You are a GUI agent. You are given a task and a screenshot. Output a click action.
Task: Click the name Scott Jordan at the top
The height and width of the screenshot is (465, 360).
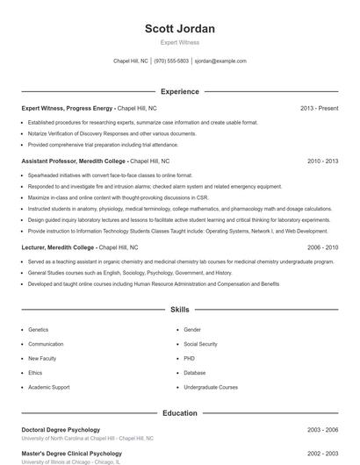180,29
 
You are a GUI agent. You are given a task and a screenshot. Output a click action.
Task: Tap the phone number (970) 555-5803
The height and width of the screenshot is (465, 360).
171,61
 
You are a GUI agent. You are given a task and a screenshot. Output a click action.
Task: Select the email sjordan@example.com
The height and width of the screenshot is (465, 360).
220,61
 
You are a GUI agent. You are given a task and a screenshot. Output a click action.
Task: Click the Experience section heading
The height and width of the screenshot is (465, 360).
180,91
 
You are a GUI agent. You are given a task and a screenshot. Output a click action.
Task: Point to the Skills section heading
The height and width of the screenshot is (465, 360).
180,310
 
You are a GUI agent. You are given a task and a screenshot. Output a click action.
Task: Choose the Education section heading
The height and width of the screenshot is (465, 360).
180,412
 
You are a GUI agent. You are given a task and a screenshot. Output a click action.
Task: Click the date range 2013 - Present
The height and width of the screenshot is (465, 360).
319,108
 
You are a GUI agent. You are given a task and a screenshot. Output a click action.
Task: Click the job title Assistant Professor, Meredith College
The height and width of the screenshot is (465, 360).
74,161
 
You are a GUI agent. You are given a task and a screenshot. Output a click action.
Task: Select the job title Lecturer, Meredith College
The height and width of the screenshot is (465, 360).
58,247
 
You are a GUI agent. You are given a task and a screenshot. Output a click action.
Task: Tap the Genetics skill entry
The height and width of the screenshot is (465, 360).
38,330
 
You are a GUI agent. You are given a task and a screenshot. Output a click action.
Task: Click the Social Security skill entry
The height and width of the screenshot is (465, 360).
200,344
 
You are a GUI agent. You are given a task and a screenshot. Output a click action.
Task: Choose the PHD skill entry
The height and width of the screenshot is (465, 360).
190,358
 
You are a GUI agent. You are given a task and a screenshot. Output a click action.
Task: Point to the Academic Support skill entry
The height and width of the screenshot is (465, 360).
48,387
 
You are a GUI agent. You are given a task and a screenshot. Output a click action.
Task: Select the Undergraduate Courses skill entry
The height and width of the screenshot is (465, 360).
211,387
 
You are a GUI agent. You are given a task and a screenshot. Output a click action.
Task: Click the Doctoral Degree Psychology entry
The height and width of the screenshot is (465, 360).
60,430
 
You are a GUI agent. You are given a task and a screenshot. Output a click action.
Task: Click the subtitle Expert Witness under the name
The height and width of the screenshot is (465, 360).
180,42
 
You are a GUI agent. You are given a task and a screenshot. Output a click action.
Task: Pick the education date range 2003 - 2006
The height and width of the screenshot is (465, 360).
322,430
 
